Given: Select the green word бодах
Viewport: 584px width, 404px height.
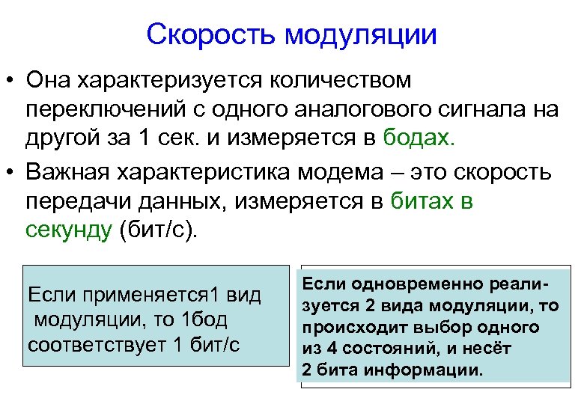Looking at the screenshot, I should point(428,139).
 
